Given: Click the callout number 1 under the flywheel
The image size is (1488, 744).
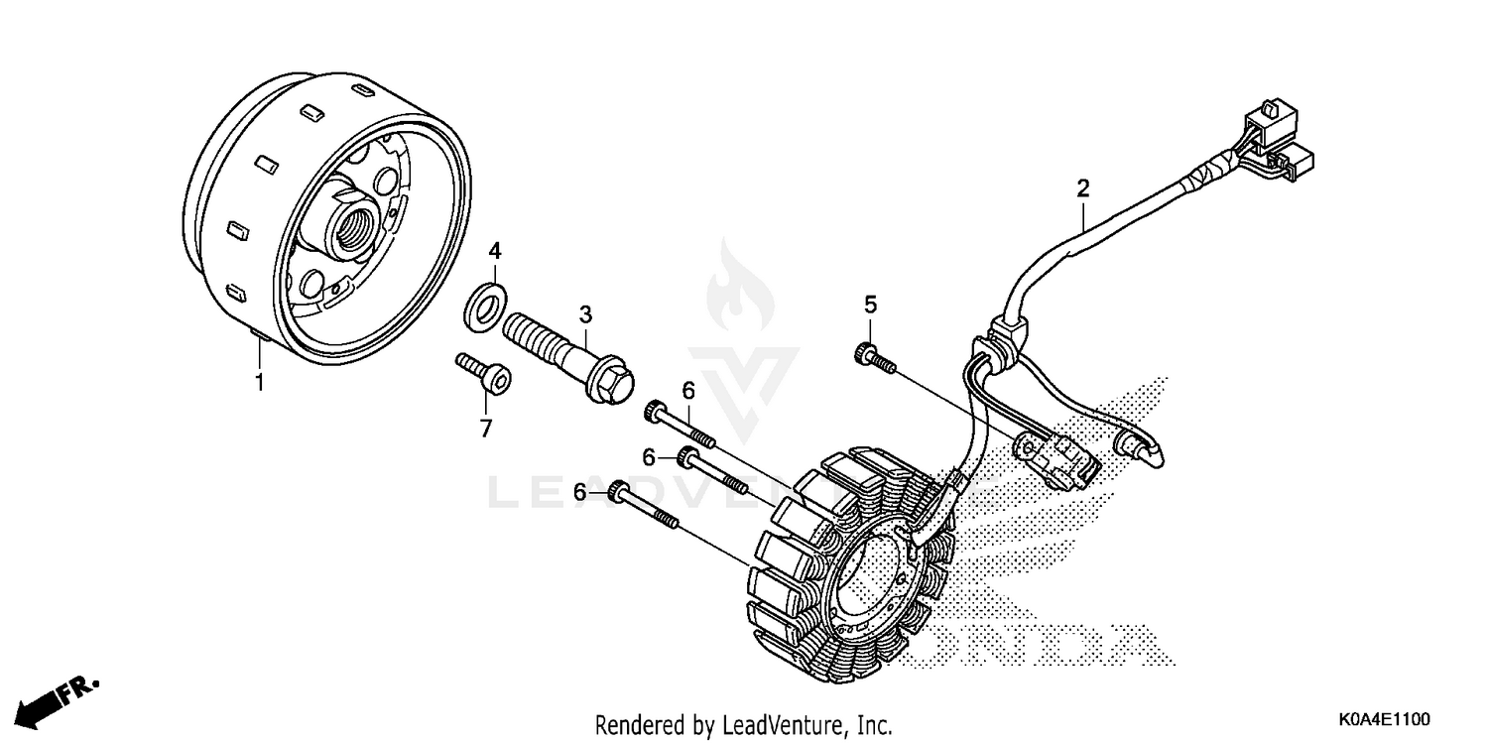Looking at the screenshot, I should pos(260,381).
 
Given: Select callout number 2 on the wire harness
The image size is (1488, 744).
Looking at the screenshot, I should pos(1083,187).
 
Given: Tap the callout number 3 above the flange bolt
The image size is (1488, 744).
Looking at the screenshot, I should pos(585,315).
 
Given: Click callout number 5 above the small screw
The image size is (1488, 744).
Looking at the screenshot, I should pos(870,304).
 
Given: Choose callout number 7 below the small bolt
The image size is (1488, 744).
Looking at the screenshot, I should pos(486,430).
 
